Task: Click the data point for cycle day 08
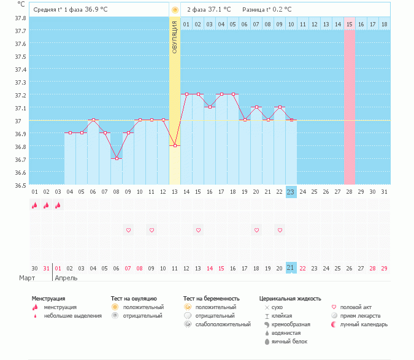pos(117,158)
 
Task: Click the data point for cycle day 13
pos(175,145)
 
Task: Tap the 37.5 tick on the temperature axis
pos(21,56)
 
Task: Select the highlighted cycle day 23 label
pos(291,191)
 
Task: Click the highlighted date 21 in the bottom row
pos(291,268)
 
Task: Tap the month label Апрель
pos(67,278)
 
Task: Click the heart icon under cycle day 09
pos(128,230)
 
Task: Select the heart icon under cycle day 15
pos(198,230)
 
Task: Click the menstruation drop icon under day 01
pos(35,205)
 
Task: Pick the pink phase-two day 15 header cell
pos(350,24)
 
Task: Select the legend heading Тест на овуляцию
pos(134,298)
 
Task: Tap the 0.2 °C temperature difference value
pos(279,9)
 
